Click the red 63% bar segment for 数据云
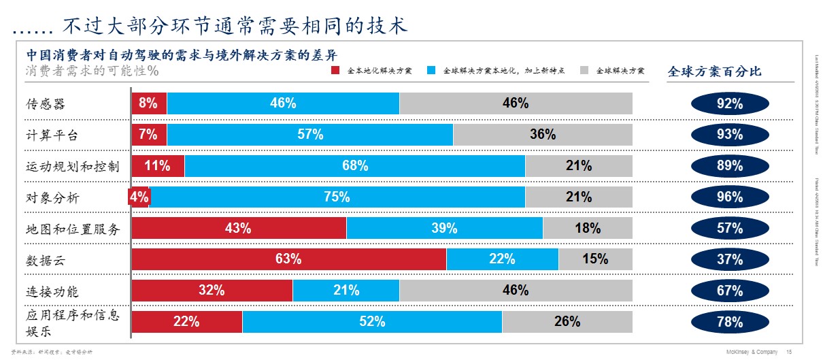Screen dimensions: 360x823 pos(288,259)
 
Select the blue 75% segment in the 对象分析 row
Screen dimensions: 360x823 pos(337,197)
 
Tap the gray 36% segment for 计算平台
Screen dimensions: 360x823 pos(543,135)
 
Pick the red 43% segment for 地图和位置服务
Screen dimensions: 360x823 pos(239,228)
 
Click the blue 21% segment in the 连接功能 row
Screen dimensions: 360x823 pos(346,291)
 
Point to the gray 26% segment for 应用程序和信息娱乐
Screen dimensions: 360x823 pos(567,322)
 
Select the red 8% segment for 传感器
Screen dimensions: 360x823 pos(149,103)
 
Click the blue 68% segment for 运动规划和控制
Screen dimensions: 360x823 pos(354,165)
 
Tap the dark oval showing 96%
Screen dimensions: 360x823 pos(730,197)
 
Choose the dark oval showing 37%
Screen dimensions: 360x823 pos(730,259)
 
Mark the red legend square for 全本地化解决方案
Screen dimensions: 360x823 pos(334,70)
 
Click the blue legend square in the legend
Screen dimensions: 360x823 pos(431,70)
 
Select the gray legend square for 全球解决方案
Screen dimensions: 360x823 pos(584,70)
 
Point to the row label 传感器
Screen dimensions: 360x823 pos(46,104)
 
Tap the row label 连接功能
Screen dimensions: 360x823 pos(52,291)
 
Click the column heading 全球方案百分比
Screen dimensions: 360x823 pos(714,71)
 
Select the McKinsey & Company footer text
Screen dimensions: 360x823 pos(750,351)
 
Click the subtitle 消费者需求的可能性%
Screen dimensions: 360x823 pos(93,70)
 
